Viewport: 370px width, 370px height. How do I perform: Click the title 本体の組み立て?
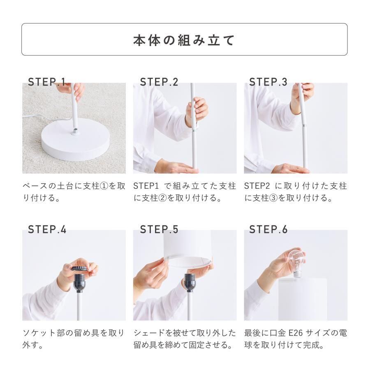pos(184,40)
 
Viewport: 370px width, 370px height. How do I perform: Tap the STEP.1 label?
pos(47,82)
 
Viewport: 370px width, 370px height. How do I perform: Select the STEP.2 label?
pos(159,82)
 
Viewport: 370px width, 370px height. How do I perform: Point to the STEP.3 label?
pos(268,82)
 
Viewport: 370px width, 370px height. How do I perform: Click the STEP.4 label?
pos(47,229)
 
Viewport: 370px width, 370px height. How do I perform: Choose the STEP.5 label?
pos(159,229)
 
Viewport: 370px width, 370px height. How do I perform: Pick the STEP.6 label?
pos(268,229)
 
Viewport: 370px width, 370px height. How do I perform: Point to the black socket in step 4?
pos(79,283)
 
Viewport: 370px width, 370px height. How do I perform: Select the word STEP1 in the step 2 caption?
pos(146,186)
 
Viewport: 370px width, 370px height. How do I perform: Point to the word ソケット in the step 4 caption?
pos(39,333)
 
